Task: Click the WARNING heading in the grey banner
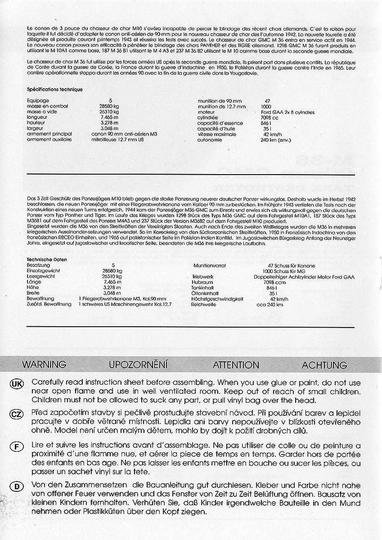tap(44, 364)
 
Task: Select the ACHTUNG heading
tap(324, 364)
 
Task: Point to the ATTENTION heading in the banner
tap(236, 364)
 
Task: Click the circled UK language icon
tap(16, 383)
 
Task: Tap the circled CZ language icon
tap(16, 414)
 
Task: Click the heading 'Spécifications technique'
tap(54, 90)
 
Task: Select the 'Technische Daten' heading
tap(47, 260)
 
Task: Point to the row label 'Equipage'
tap(38, 100)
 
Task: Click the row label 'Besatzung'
tap(38, 265)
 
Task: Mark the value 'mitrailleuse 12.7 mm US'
tap(119, 140)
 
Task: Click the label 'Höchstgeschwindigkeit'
tap(217, 299)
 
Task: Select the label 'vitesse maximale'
tap(217, 134)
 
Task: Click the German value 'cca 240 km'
tap(270, 305)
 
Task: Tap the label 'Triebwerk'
tap(202, 277)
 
